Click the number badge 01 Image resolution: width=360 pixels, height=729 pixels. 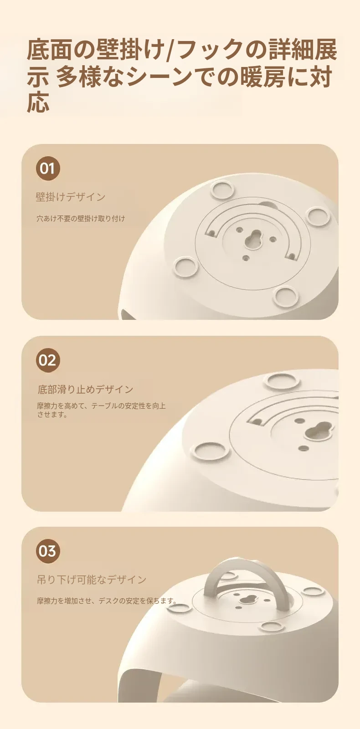[48, 169]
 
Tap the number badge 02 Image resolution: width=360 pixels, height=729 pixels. [48, 360]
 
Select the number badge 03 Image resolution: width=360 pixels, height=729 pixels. [48, 551]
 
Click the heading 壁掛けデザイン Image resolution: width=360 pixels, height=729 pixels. [71, 197]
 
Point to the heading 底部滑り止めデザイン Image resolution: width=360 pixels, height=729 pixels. [86, 389]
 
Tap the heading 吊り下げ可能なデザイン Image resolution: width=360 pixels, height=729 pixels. [92, 580]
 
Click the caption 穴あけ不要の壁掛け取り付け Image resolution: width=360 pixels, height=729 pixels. [81, 218]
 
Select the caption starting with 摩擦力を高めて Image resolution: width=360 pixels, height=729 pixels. [101, 410]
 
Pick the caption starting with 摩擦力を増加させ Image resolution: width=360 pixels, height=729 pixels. [107, 601]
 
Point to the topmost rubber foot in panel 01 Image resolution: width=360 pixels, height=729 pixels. [222, 190]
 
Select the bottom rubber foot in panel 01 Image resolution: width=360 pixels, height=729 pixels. [286, 296]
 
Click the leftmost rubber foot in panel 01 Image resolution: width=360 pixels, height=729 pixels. [186, 266]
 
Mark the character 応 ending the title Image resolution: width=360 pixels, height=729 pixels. [38, 102]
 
